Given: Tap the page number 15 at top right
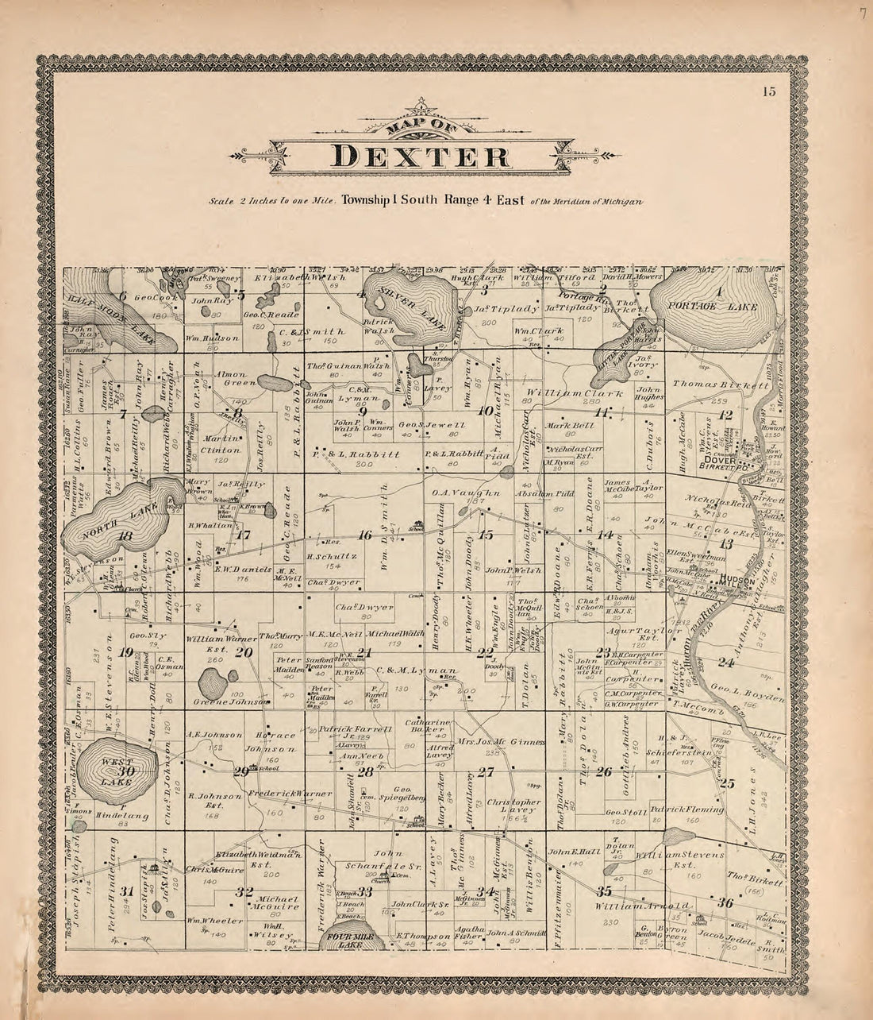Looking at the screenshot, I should (769, 91).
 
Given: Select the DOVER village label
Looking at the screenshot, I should (717, 460).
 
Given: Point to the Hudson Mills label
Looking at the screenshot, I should (739, 581).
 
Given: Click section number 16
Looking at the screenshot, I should (364, 535).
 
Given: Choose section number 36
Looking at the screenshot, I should (724, 903).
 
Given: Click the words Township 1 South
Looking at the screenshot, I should (384, 201).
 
